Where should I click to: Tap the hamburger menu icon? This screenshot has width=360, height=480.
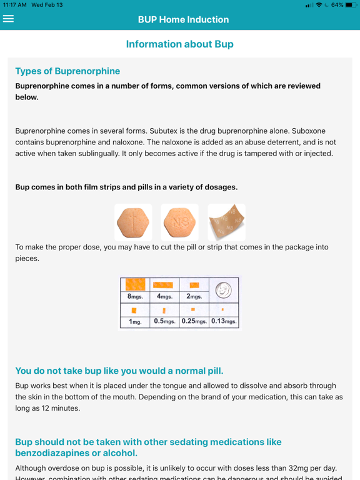(8, 19)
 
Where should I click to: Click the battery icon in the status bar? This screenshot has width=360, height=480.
(350, 5)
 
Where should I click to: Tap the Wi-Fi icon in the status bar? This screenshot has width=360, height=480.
(319, 5)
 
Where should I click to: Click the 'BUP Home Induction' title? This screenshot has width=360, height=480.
(184, 19)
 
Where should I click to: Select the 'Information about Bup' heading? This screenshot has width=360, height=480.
(180, 44)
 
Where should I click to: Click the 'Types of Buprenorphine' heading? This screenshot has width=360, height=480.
(67, 71)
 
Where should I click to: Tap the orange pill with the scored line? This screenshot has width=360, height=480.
(133, 222)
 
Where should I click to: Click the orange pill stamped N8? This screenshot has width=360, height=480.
(179, 222)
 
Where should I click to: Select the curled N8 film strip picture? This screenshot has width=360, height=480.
(226, 222)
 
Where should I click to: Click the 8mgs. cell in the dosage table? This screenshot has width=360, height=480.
(135, 296)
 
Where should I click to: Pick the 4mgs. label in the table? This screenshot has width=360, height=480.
(164, 296)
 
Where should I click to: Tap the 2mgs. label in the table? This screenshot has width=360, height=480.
(194, 296)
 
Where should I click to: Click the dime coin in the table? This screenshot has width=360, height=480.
(223, 289)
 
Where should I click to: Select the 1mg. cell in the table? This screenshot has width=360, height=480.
(135, 322)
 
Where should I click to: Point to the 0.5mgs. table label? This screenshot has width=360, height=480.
(164, 322)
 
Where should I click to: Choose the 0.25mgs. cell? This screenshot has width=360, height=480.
(194, 322)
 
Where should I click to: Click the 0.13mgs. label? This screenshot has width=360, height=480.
(224, 322)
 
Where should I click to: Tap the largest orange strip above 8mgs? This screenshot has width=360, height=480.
(135, 284)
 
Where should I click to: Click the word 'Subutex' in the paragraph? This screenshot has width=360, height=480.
(166, 131)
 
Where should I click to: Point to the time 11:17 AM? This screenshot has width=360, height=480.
(14, 5)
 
